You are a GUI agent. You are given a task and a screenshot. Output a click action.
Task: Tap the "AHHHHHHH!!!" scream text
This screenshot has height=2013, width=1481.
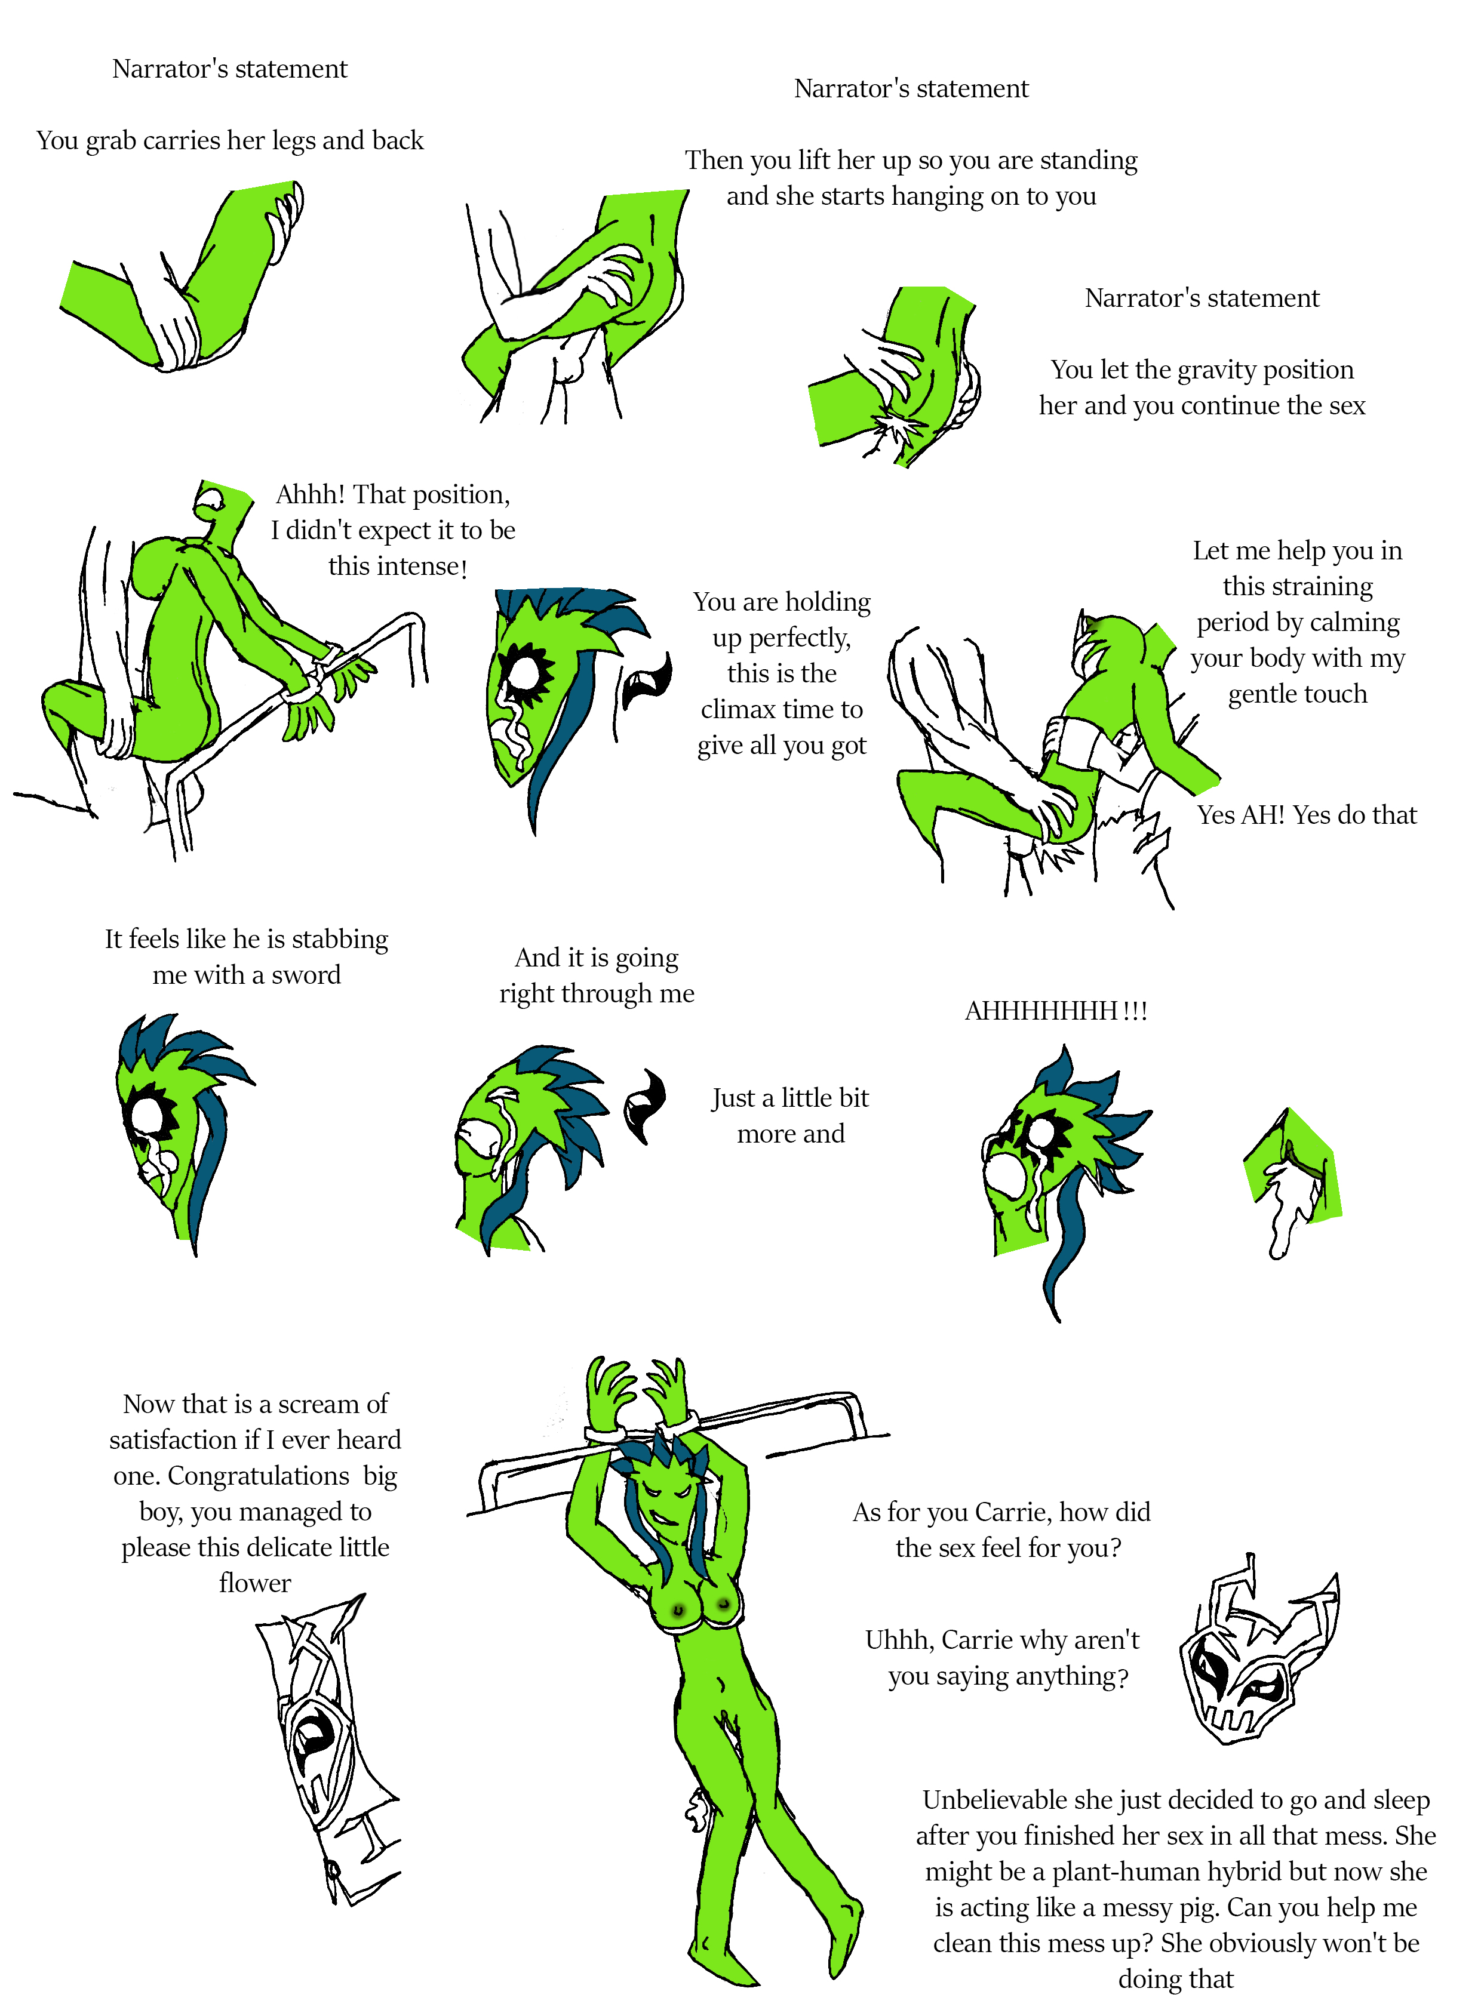[x=1056, y=1011]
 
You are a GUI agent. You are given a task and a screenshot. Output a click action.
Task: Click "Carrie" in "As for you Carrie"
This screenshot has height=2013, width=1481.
[x=1012, y=1512]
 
